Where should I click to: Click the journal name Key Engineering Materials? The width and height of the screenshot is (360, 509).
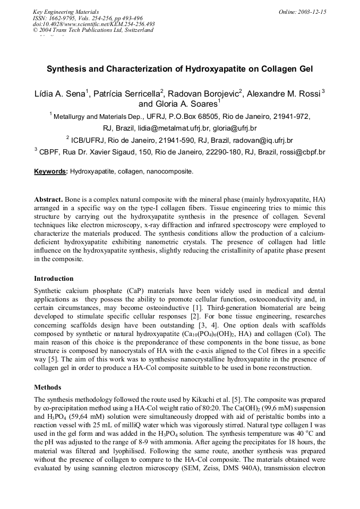coord(65,12)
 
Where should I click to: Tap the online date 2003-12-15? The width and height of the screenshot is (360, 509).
coord(311,12)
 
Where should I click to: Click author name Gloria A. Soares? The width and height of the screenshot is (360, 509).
coord(182,104)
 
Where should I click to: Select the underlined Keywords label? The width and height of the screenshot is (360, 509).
coord(50,172)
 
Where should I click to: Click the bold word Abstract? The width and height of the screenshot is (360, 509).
coord(49,199)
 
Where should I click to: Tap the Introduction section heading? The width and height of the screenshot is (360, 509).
coord(54,278)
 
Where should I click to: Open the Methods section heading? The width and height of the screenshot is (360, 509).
coord(47,387)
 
